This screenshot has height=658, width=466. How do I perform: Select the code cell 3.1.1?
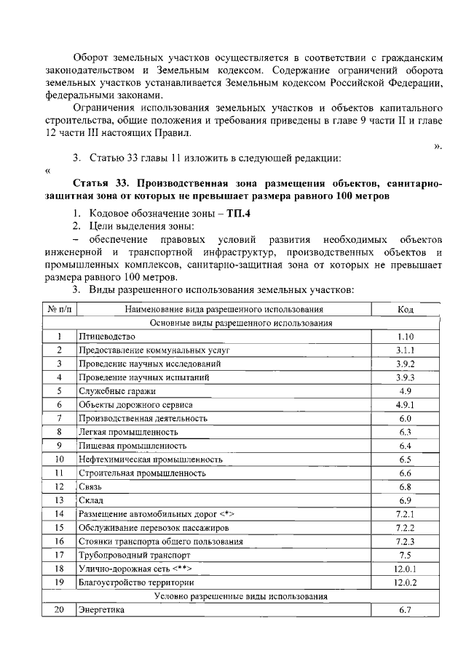click(406, 350)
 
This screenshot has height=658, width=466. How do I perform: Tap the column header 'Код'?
click(406, 309)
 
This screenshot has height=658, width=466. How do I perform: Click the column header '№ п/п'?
click(59, 309)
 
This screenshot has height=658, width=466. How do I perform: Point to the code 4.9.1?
click(406, 404)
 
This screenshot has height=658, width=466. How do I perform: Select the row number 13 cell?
click(59, 500)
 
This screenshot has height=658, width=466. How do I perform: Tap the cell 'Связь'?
click(90, 486)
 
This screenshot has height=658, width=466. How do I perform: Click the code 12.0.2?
click(406, 582)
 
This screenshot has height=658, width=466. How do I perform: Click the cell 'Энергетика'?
click(101, 610)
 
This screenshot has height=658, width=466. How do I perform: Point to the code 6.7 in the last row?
click(406, 610)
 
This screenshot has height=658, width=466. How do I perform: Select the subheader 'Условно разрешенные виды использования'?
click(241, 595)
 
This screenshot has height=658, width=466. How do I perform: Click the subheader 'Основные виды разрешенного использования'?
click(241, 322)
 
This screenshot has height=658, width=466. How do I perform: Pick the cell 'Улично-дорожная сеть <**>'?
click(135, 568)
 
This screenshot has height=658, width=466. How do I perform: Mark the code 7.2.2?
click(406, 527)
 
